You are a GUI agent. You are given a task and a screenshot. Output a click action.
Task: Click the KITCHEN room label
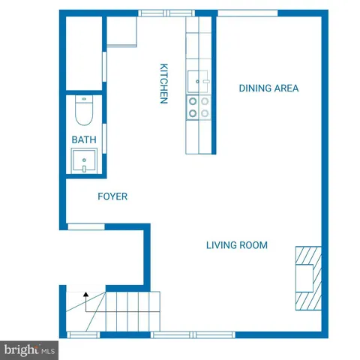(163, 83)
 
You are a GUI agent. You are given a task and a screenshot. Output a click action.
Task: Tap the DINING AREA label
(268, 88)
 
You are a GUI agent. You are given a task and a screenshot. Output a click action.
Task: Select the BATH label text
(83, 140)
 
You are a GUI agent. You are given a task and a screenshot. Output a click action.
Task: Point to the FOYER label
(112, 196)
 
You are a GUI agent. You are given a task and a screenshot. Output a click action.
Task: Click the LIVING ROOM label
(237, 245)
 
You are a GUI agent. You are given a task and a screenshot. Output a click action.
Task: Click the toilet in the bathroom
(83, 113)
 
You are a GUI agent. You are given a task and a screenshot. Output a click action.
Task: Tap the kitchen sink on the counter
(199, 79)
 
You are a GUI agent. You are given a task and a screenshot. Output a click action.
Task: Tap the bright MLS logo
(30, 349)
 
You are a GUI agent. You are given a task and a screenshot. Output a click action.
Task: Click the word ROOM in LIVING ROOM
(253, 245)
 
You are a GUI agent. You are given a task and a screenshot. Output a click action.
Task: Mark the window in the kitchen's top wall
(166, 13)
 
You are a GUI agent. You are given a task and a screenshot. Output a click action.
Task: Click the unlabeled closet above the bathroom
(83, 52)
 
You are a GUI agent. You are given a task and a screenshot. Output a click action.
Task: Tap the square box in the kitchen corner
(121, 32)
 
